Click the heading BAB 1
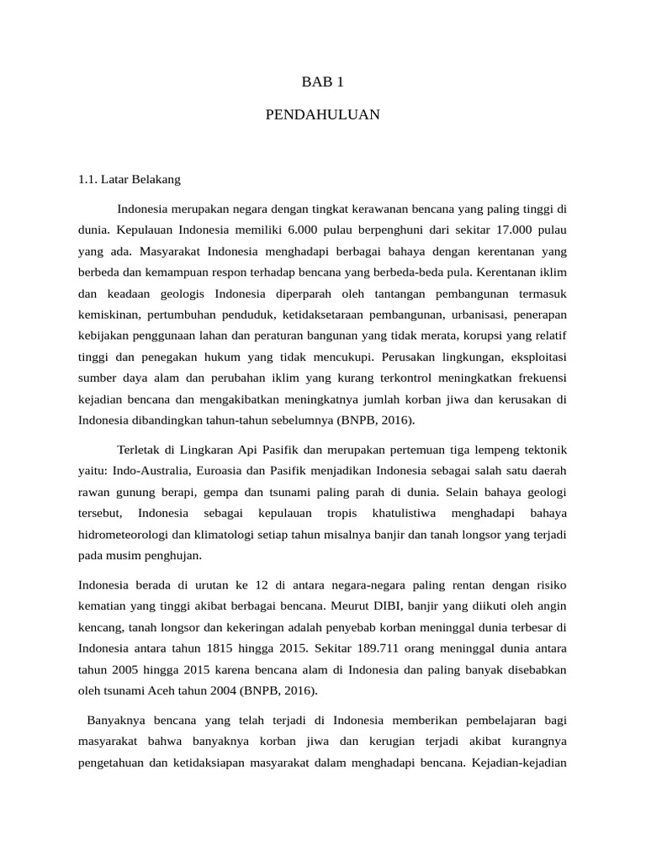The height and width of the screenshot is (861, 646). click(x=323, y=82)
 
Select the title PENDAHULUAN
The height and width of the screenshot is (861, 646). click(x=323, y=114)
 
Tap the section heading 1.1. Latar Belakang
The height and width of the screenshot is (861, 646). click(x=129, y=179)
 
